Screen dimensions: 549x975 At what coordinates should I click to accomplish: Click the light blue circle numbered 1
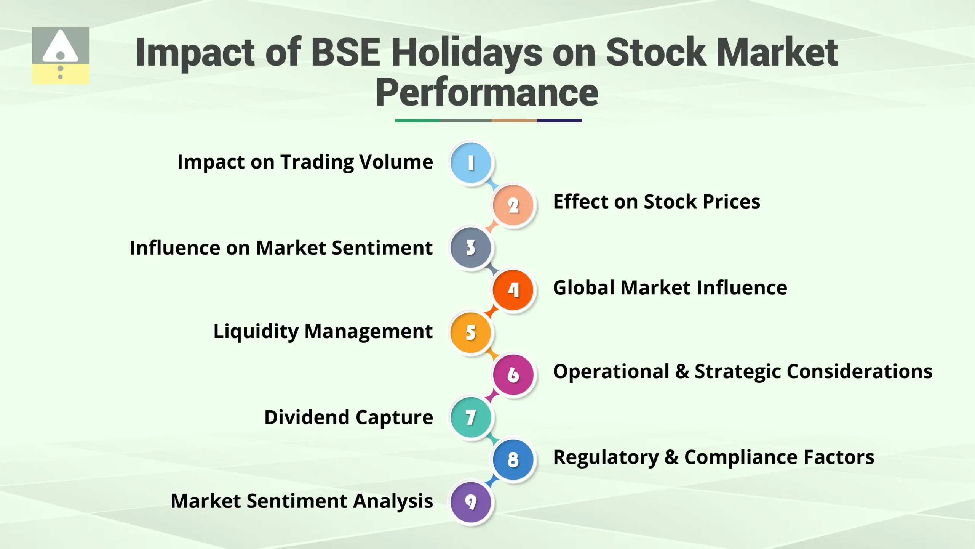coord(471,163)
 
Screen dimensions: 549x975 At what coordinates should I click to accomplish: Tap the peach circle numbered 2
coord(513,205)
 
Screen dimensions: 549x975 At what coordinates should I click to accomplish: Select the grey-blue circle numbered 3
coord(471,248)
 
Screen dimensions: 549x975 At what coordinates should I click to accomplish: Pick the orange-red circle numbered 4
coord(513,290)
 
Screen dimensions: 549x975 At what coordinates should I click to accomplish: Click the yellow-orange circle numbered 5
coord(471,332)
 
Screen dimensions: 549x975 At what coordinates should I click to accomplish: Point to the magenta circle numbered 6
coord(513,375)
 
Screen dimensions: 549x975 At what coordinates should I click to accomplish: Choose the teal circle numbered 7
coord(471,417)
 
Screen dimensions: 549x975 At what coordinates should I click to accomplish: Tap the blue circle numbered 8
coord(513,459)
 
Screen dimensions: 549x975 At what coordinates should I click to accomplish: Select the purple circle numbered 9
coord(471,502)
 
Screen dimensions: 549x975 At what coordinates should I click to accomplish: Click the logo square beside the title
coord(60,55)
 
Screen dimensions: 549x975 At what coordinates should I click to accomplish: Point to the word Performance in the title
coord(487,93)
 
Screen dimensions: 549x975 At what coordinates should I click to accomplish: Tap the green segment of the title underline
coord(417,120)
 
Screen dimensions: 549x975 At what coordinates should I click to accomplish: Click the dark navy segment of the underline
coord(559,120)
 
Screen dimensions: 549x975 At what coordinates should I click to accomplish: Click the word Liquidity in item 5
coord(256,331)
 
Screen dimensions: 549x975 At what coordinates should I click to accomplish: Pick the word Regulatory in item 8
coord(606,457)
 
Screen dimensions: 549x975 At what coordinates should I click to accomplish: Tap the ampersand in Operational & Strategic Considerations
coord(682,371)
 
